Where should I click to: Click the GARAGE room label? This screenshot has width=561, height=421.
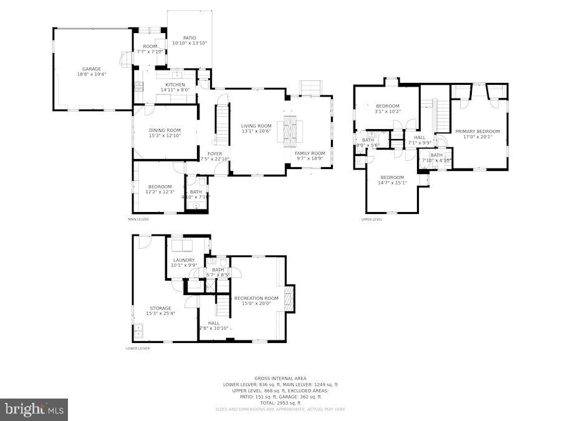coord(91,69)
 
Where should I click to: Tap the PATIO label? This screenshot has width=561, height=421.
coord(189,38)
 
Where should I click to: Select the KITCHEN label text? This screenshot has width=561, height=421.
coord(175,85)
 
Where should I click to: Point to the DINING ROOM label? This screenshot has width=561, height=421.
coord(165,130)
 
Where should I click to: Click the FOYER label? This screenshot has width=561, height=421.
coord(214,153)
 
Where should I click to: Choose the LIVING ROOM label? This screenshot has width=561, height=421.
coord(256,126)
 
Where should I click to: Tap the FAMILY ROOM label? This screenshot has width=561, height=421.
coord(310,153)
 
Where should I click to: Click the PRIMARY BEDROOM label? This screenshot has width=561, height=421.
coord(477,132)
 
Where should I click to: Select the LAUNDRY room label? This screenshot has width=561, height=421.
coord(184,260)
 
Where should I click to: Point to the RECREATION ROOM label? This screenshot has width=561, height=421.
coord(256,298)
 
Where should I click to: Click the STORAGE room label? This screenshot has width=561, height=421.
coord(160,308)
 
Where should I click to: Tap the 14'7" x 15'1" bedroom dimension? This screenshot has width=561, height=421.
coord(393,183)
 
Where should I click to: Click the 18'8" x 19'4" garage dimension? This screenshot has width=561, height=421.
coord(91,74)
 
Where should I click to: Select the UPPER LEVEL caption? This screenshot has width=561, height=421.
coord(372,220)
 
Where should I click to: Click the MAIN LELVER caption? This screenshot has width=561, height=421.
coord(138,220)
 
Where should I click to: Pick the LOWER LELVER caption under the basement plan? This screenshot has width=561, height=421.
coord(137,349)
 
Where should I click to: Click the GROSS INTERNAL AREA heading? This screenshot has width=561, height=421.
coord(280,379)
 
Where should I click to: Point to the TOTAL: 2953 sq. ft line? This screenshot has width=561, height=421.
coord(280,402)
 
